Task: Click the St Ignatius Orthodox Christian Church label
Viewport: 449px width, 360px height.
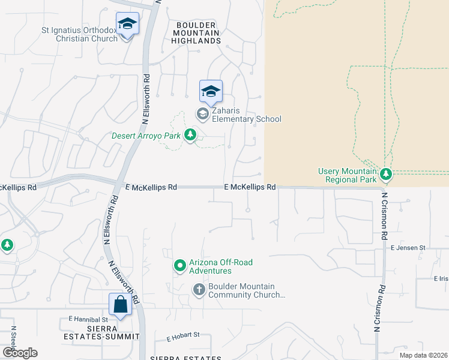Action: click(x=79, y=34)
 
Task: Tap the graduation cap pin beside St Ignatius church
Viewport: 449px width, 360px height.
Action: click(x=127, y=25)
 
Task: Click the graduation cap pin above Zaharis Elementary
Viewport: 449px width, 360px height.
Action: click(x=211, y=92)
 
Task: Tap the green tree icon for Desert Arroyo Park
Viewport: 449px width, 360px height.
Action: click(x=190, y=134)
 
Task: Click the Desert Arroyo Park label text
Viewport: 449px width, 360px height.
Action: click(x=146, y=135)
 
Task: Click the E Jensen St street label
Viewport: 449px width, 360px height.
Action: click(x=408, y=247)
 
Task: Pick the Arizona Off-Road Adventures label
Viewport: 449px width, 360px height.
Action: click(x=221, y=266)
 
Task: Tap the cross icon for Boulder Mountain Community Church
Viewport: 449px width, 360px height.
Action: click(x=199, y=290)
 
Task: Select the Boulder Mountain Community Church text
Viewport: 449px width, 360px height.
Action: click(x=246, y=290)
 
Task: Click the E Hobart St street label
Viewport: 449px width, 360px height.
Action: click(x=179, y=337)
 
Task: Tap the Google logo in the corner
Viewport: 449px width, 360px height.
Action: click(x=20, y=353)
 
